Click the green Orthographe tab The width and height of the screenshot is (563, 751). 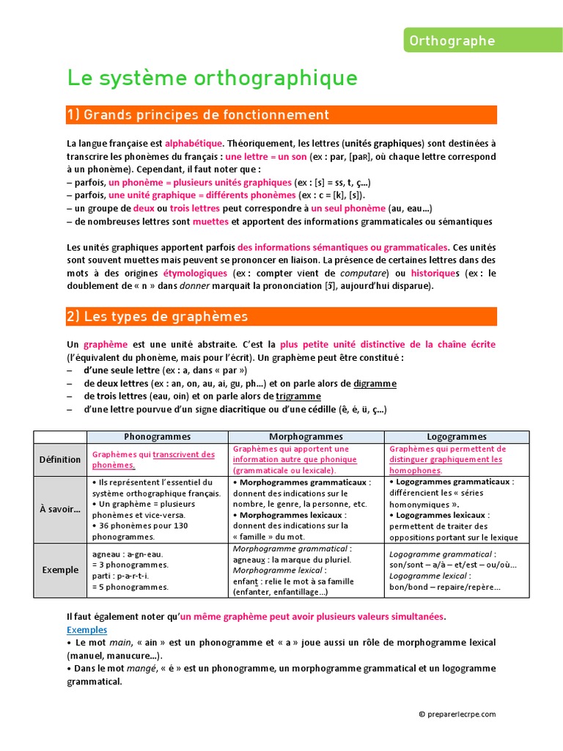[483, 41]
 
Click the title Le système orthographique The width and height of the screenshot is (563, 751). [213, 78]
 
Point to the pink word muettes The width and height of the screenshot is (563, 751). [210, 221]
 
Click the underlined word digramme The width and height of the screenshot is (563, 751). [375, 384]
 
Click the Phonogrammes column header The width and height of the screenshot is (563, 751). [158, 436]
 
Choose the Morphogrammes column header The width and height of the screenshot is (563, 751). [306, 436]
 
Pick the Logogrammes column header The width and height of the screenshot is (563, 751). [457, 436]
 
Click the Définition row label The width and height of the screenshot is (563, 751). [61, 460]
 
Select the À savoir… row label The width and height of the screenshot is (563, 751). [61, 509]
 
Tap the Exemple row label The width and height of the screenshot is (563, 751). [61, 569]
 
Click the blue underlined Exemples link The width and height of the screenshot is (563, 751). [87, 630]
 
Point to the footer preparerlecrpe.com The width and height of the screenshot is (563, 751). [457, 714]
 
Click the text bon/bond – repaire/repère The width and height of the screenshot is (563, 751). [445, 587]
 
